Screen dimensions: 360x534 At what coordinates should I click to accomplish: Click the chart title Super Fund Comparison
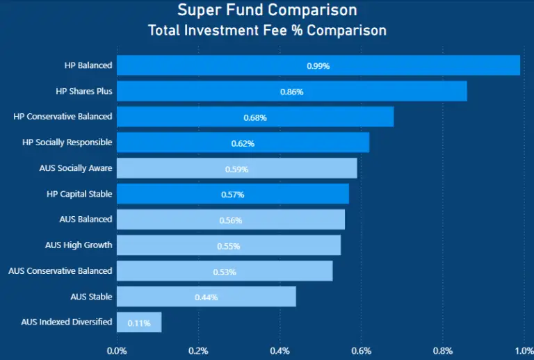point(267,10)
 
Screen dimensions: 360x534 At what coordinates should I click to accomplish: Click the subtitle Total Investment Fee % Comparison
point(267,31)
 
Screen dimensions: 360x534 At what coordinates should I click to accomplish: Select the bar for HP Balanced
point(318,65)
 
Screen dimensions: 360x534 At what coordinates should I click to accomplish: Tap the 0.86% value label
point(292,92)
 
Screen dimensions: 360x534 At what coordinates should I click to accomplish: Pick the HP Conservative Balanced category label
point(63,117)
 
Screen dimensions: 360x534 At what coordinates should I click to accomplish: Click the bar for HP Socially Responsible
point(243,142)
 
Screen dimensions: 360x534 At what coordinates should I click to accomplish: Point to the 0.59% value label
point(237,169)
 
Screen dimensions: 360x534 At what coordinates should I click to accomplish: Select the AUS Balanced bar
point(231,220)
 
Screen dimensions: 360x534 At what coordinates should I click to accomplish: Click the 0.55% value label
point(229,246)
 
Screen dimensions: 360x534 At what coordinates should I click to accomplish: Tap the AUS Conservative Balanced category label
point(60,271)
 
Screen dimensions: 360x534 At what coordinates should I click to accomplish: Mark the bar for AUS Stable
point(207,297)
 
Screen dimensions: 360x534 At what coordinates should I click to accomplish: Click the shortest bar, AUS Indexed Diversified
point(139,322)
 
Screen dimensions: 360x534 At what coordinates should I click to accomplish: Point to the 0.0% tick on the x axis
point(117,350)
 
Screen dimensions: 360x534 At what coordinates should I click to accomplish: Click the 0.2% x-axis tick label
point(198,350)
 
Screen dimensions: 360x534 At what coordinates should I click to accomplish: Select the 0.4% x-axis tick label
point(280,350)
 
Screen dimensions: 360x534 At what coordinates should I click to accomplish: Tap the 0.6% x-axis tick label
point(361,350)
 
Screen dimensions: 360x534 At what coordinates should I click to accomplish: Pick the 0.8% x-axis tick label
point(442,350)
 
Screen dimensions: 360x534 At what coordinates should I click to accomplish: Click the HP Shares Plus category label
point(84,91)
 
